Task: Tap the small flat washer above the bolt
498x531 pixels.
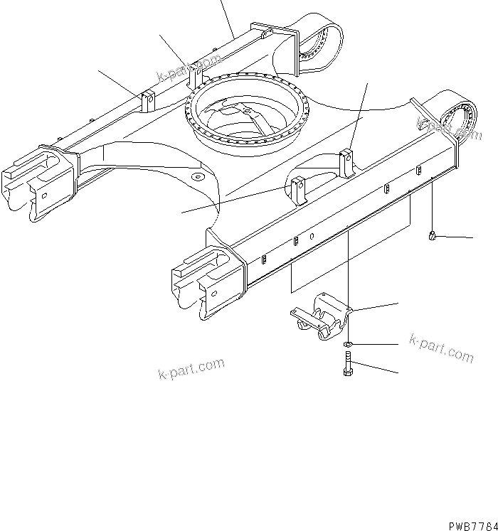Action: pyautogui.click(x=346, y=345)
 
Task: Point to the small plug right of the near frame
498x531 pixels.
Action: pyautogui.click(x=433, y=237)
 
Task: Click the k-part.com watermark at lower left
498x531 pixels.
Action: pyautogui.click(x=191, y=369)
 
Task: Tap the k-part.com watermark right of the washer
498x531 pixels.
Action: pyautogui.click(x=441, y=348)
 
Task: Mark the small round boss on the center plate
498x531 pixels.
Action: pyautogui.click(x=197, y=176)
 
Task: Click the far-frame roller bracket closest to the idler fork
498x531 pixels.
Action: pyautogui.click(x=148, y=101)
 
